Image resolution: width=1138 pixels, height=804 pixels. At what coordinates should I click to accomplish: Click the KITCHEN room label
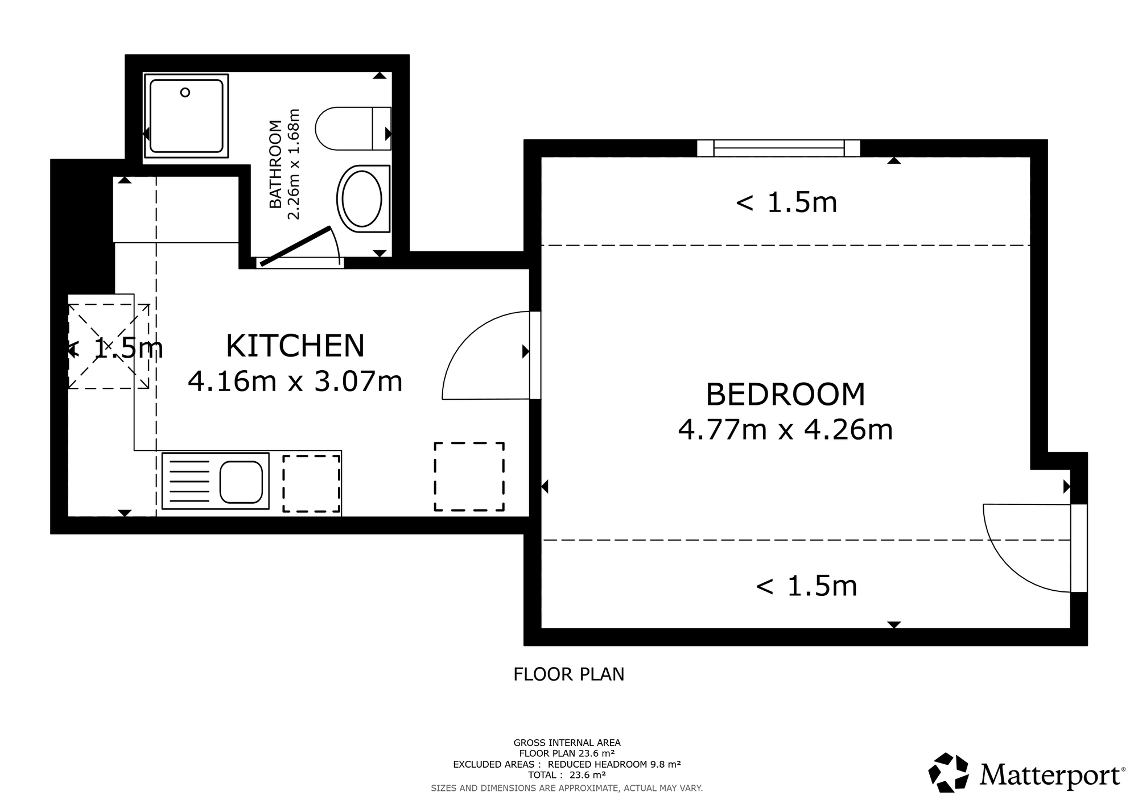pyautogui.click(x=295, y=346)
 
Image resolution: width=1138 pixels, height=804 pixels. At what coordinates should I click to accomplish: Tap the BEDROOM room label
pyautogui.click(x=785, y=395)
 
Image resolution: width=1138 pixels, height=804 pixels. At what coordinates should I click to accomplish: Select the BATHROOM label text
pyautogui.click(x=275, y=164)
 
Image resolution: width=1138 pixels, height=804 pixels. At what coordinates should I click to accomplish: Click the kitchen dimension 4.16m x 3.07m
pyautogui.click(x=295, y=381)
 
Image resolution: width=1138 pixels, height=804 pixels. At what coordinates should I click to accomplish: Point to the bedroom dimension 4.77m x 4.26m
pyautogui.click(x=785, y=429)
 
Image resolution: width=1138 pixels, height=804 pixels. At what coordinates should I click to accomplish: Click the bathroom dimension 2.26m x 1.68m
pyautogui.click(x=292, y=164)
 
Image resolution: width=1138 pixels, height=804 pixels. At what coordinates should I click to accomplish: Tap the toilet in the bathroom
pyautogui.click(x=353, y=129)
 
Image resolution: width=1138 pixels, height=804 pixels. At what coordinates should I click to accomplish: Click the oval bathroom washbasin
pyautogui.click(x=360, y=199)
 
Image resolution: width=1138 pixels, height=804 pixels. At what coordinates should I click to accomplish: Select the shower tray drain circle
pyautogui.click(x=185, y=93)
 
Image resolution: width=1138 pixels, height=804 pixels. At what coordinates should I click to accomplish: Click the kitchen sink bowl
pyautogui.click(x=241, y=482)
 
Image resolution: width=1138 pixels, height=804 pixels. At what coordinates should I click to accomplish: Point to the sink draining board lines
pyautogui.click(x=189, y=482)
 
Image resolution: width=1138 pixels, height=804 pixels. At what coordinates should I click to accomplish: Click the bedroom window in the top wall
pyautogui.click(x=779, y=148)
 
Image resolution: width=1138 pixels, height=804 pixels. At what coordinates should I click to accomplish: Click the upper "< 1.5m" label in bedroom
pyautogui.click(x=786, y=203)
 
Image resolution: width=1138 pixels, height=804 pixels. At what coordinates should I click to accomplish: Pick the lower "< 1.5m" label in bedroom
pyautogui.click(x=806, y=586)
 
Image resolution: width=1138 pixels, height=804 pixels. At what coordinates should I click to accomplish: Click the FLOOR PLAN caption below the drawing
pyautogui.click(x=569, y=674)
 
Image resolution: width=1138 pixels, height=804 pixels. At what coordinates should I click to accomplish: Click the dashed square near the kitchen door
pyautogui.click(x=469, y=476)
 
